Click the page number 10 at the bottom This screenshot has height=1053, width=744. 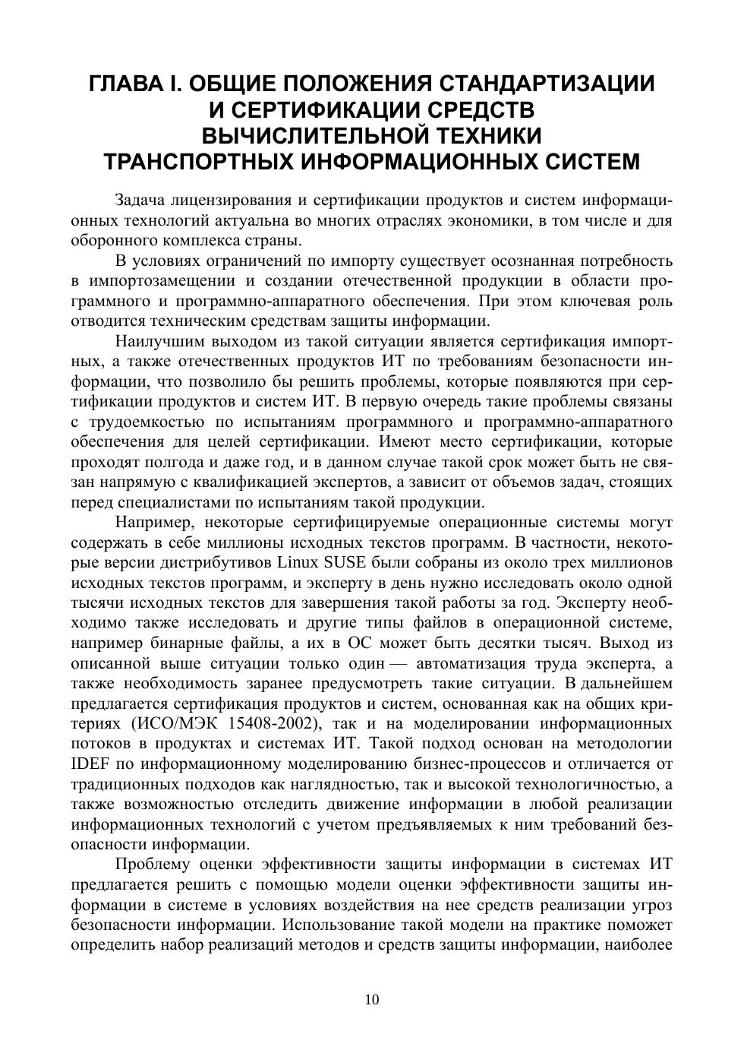tap(372, 1000)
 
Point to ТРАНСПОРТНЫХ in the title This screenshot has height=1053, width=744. tap(198, 163)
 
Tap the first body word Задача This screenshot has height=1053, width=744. tap(140, 201)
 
